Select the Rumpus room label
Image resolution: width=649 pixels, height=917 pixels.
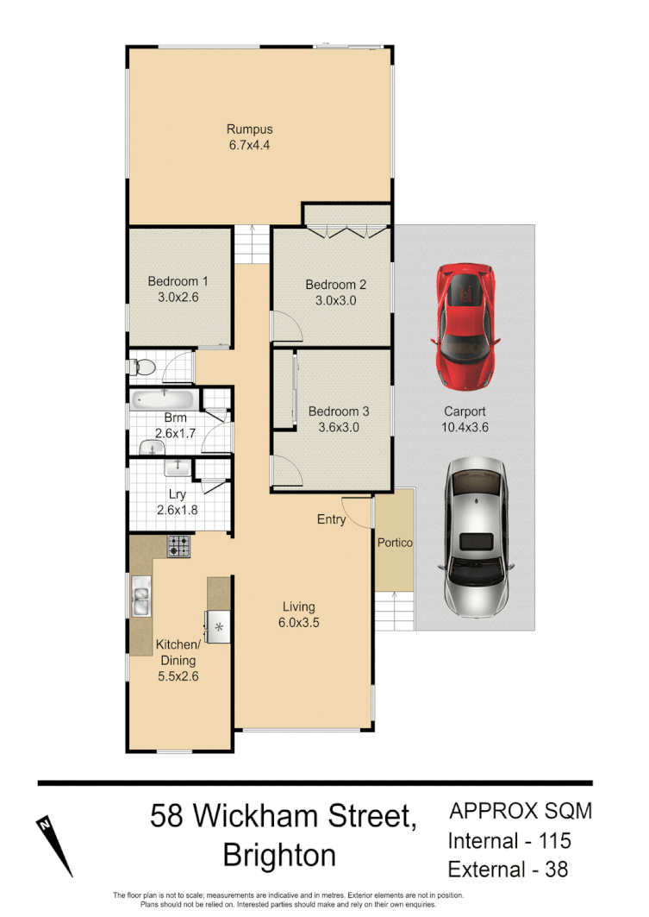pyautogui.click(x=250, y=129)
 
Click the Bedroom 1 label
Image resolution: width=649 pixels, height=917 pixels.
pyautogui.click(x=178, y=281)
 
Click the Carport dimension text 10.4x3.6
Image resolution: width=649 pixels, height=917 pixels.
pyautogui.click(x=465, y=426)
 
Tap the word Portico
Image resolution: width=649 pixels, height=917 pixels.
pyautogui.click(x=395, y=543)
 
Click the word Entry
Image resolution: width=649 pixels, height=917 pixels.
pyautogui.click(x=331, y=519)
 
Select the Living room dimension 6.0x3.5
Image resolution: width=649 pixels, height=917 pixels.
pyautogui.click(x=299, y=622)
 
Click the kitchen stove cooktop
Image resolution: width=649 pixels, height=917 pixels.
pyautogui.click(x=179, y=545)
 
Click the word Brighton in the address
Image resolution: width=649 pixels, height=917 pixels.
pyautogui.click(x=278, y=855)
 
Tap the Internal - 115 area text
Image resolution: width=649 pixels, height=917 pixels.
pyautogui.click(x=509, y=840)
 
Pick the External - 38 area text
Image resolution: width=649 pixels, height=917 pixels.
pyautogui.click(x=509, y=869)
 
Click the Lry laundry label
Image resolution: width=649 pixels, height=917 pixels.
pyautogui.click(x=178, y=494)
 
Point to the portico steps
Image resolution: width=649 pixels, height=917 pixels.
pyautogui.click(x=395, y=612)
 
